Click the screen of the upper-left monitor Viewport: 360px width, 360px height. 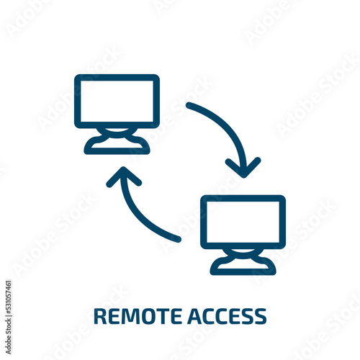[117, 102]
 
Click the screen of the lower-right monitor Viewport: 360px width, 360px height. [243, 222]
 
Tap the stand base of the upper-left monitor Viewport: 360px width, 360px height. [117, 146]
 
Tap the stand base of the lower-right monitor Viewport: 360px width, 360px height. [243, 266]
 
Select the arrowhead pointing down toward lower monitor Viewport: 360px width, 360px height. [243, 168]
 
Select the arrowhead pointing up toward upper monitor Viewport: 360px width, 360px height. [124, 177]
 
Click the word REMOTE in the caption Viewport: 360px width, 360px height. [138, 316]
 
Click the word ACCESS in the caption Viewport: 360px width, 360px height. [227, 316]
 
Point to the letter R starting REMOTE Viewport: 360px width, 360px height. [100, 316]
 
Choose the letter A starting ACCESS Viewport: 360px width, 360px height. [194, 316]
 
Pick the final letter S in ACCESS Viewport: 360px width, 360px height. [261, 316]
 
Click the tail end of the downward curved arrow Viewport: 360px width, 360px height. [189, 106]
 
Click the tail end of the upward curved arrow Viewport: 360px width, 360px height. [177, 239]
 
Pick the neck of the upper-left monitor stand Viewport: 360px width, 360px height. [117, 132]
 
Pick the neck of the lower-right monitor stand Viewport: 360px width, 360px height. [243, 253]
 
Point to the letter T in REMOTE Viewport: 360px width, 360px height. [164, 316]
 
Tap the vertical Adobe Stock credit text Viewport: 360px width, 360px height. [8, 318]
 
